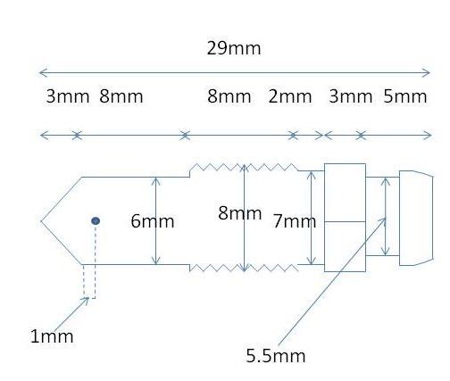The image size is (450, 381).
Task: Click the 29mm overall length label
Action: click(234, 48)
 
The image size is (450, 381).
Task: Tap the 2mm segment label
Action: click(290, 96)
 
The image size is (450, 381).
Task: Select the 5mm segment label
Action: click(405, 96)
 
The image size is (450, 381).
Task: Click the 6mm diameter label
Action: click(153, 221)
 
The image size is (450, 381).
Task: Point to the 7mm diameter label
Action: click(295, 221)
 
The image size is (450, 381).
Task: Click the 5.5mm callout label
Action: click(276, 356)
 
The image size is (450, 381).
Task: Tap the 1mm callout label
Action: click(52, 336)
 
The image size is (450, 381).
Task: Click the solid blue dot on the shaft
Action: click(96, 221)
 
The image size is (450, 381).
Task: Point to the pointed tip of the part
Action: click(41, 221)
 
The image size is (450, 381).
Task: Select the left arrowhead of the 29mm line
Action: click(43, 72)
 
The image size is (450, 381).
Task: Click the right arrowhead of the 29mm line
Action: click(426, 72)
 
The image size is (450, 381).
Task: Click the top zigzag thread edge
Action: click(244, 167)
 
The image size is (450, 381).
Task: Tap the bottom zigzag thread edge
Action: click(244, 268)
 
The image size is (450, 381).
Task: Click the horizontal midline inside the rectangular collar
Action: click(345, 221)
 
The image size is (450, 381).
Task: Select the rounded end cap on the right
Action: click(416, 218)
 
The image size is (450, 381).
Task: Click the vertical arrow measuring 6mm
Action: click(155, 221)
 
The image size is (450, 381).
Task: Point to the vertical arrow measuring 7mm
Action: click(311, 218)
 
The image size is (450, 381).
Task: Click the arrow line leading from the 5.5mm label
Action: click(332, 282)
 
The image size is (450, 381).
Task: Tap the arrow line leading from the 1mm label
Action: click(71, 313)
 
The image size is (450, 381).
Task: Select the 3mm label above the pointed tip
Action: click(68, 96)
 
